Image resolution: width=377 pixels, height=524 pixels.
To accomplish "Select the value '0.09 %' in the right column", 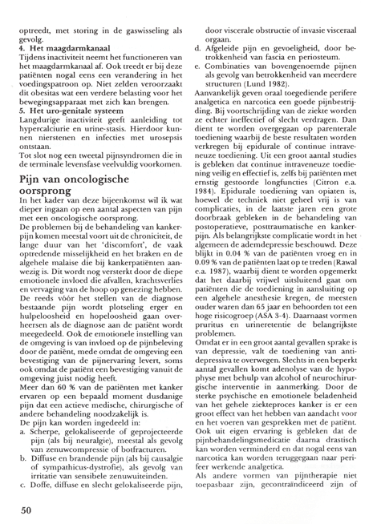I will [214, 306].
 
